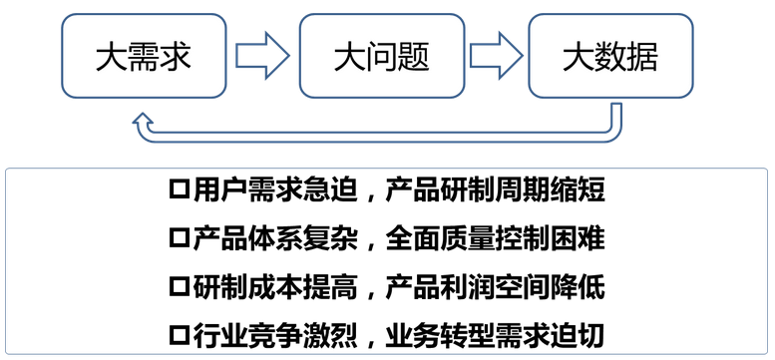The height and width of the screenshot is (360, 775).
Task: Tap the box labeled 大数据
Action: point(610,55)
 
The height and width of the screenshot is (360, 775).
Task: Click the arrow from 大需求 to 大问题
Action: point(263,55)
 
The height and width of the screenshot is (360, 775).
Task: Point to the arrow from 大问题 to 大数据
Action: point(498,55)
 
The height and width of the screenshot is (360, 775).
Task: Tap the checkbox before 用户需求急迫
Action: point(181,188)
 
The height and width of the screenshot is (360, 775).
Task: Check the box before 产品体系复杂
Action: point(181,238)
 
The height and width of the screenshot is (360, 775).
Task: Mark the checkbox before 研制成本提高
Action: point(181,287)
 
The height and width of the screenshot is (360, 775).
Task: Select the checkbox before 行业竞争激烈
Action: point(181,336)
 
